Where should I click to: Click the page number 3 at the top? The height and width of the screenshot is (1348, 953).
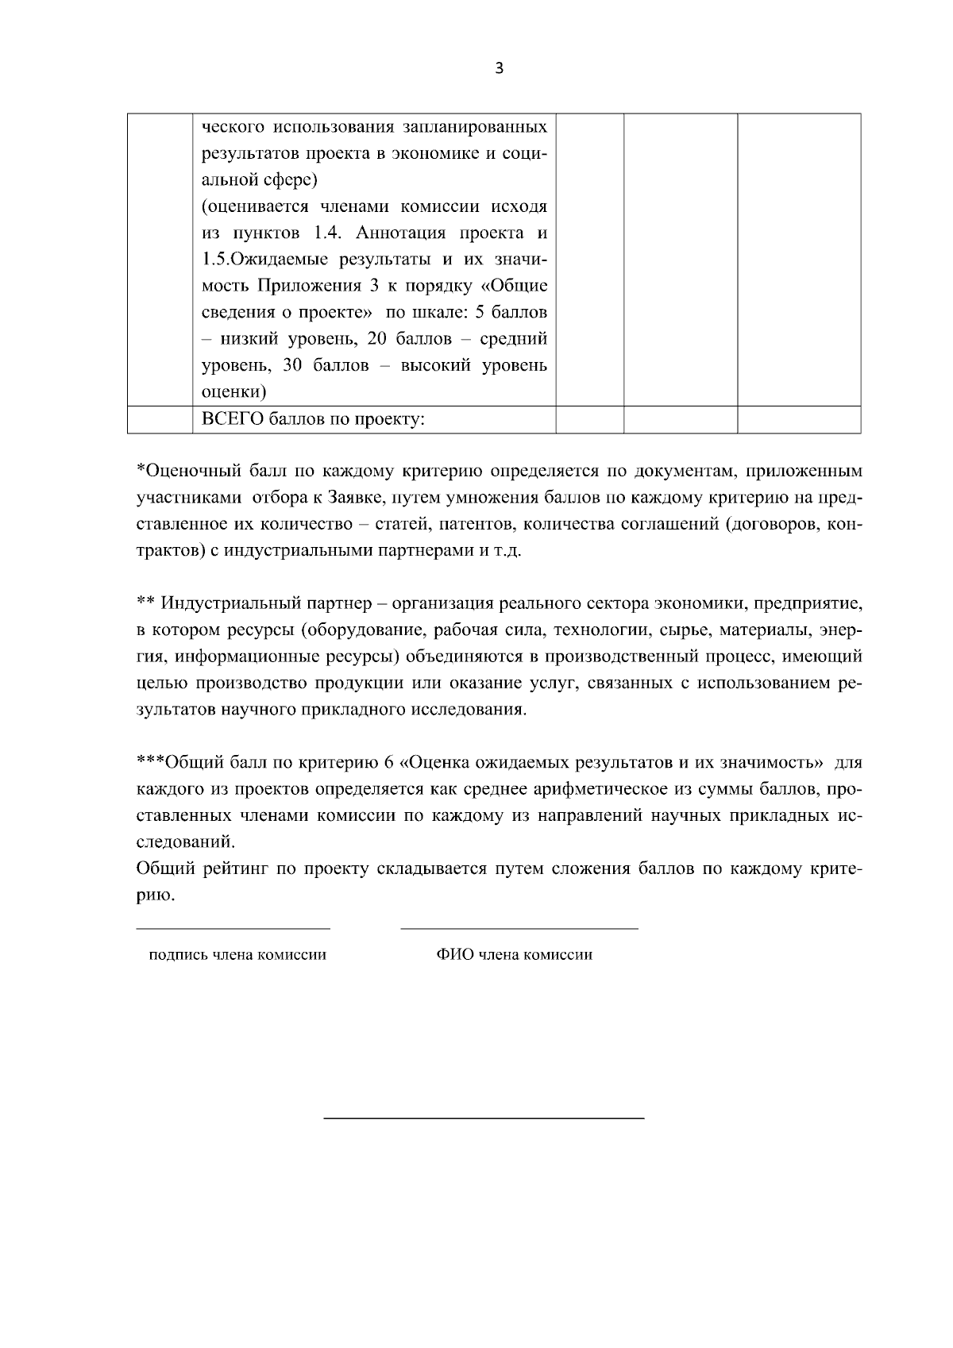point(499,69)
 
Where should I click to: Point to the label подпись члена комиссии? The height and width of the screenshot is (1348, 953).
point(237,955)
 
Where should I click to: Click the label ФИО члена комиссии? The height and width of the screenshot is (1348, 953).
point(514,955)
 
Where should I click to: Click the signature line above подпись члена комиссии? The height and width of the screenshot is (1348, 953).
point(233,928)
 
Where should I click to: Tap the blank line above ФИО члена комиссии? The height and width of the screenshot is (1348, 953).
point(519,928)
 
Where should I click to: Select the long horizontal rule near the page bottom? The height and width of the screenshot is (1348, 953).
point(484,1119)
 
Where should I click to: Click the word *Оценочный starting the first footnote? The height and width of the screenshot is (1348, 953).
point(191,472)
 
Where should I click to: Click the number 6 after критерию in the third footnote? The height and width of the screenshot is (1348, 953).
point(389,764)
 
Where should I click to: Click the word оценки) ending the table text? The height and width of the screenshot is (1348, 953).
point(233,392)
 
